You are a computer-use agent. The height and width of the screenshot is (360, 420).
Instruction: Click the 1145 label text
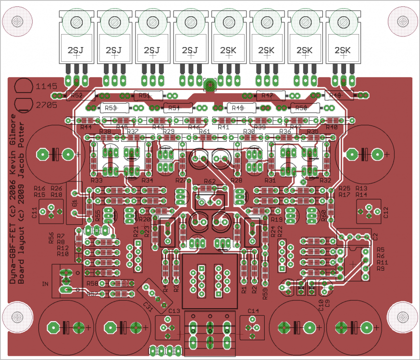pos(47,86)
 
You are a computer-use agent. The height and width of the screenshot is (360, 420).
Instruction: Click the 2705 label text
pos(47,104)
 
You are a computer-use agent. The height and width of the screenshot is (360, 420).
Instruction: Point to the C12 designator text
pos(385,213)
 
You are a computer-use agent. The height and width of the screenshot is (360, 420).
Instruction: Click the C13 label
pos(174,311)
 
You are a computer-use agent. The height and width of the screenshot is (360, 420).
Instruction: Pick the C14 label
pos(253,311)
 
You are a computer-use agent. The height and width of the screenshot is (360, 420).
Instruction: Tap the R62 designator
pos(210,181)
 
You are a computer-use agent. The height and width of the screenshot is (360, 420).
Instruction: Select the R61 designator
pos(204,132)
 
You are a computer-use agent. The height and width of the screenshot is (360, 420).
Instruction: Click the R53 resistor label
pos(111,108)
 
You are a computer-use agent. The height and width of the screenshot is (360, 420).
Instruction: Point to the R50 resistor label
pos(301,108)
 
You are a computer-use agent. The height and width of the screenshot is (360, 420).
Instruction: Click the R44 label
pos(86,127)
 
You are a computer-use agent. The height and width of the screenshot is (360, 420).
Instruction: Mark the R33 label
pos(96,180)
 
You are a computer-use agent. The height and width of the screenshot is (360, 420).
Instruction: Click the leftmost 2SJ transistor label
pos(75,50)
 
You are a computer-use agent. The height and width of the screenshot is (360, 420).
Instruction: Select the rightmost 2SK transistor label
pos(343,50)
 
